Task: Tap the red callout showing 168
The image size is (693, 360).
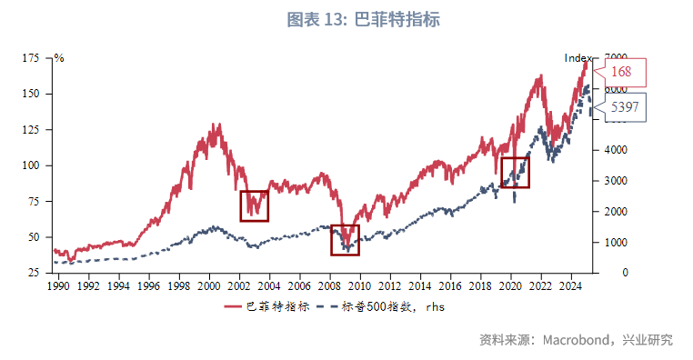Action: click(622, 71)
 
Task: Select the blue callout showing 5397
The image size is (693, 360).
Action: click(624, 107)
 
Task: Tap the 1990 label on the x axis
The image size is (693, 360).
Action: click(58, 285)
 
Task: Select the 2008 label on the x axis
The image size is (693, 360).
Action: click(329, 285)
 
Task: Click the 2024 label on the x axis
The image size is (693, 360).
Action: click(570, 285)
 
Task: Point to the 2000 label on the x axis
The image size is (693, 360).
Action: click(209, 285)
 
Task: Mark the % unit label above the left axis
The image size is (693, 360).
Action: click(59, 58)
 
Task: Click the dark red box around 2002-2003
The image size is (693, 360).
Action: click(255, 205)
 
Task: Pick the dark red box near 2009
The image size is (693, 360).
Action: click(345, 240)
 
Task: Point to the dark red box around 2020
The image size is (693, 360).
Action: click(515, 172)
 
